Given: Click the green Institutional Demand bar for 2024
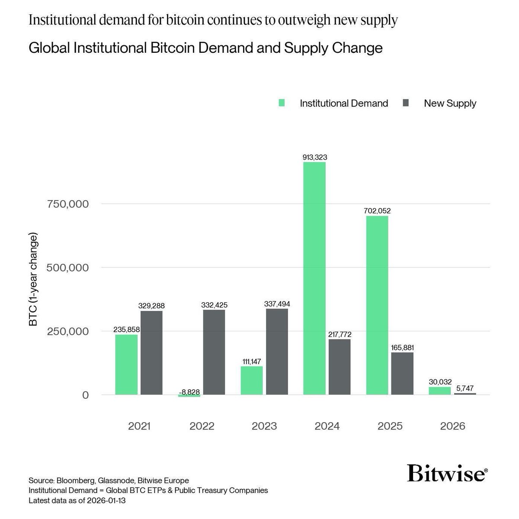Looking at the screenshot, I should point(314,279).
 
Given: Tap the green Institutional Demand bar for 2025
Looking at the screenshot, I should point(377,305).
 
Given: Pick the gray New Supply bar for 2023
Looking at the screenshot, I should point(277,351).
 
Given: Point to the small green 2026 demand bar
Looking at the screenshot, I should point(440,391).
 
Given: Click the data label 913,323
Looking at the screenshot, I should point(314,157).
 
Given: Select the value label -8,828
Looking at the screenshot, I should point(189,392).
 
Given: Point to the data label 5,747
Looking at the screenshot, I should point(465,388).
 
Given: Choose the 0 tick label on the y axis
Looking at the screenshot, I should point(86,395).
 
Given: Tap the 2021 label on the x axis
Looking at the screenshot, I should point(139,426).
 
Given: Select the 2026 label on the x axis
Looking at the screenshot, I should point(452,426).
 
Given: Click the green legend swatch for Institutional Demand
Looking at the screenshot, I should point(282,103).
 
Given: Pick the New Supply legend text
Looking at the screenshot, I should point(450,103).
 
